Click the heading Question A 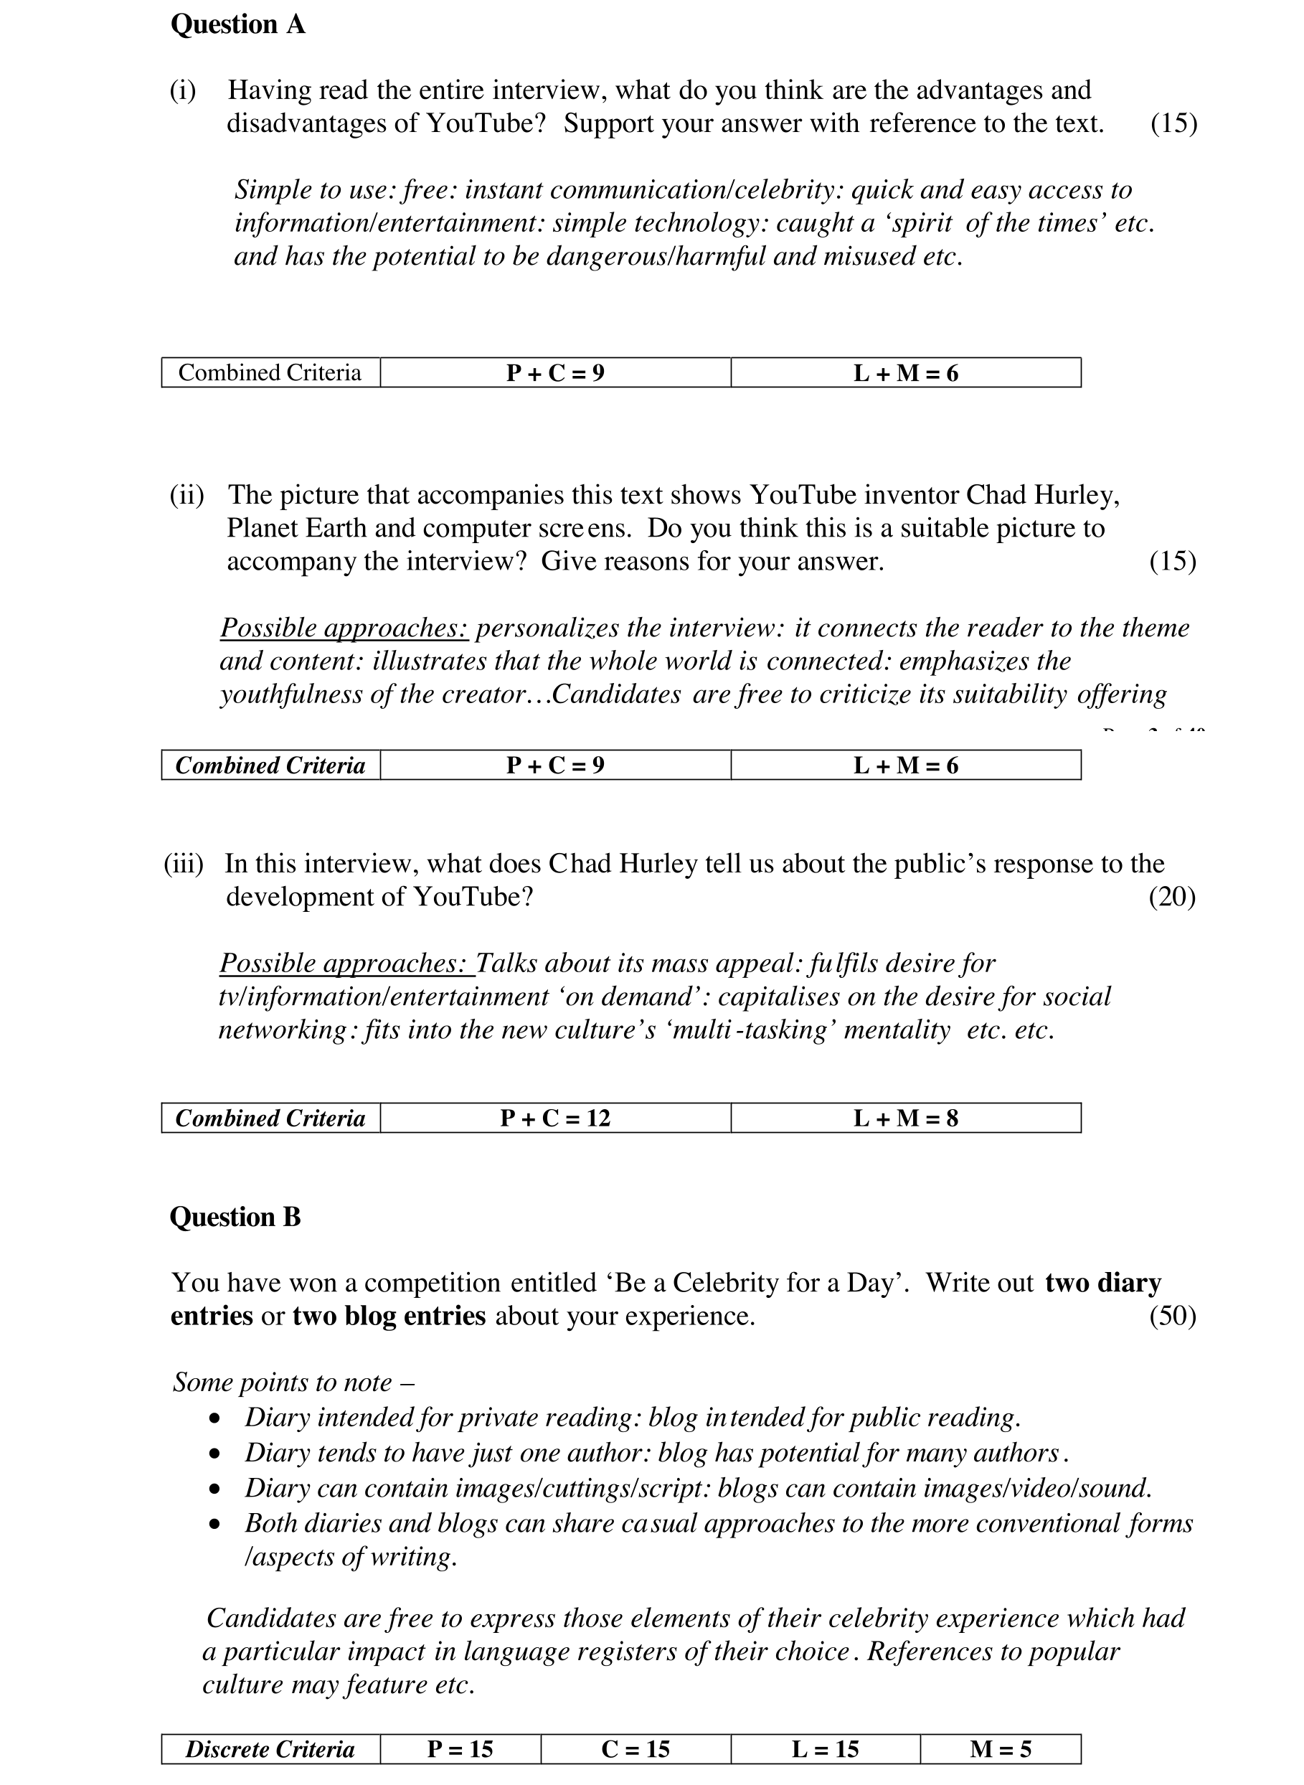[x=237, y=25]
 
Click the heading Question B [x=235, y=1217]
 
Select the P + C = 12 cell [x=555, y=1118]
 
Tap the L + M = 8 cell [x=905, y=1118]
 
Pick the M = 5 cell [x=1000, y=1748]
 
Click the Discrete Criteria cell [x=270, y=1748]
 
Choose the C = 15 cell [x=636, y=1748]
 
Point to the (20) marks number [x=1171, y=897]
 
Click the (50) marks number [x=1172, y=1316]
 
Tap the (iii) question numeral [x=183, y=864]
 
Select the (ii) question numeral [x=186, y=495]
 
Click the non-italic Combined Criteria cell [x=270, y=372]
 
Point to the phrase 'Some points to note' [x=283, y=1383]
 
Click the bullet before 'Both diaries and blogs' [x=214, y=1525]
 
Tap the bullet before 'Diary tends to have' [x=214, y=1454]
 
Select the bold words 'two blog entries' [x=389, y=1316]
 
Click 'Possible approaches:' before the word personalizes [x=344, y=628]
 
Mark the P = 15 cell [x=460, y=1748]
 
